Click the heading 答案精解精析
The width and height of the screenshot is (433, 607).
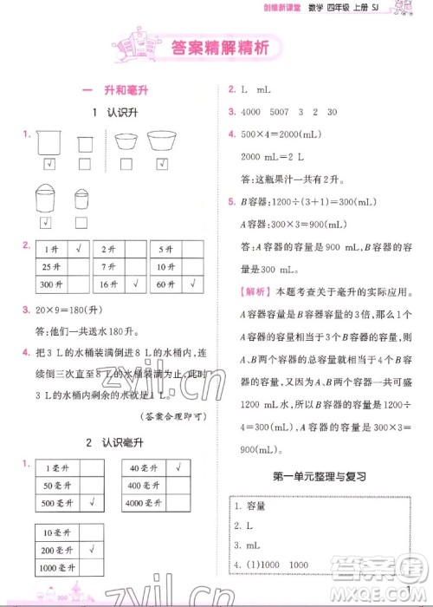(x=216, y=49)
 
